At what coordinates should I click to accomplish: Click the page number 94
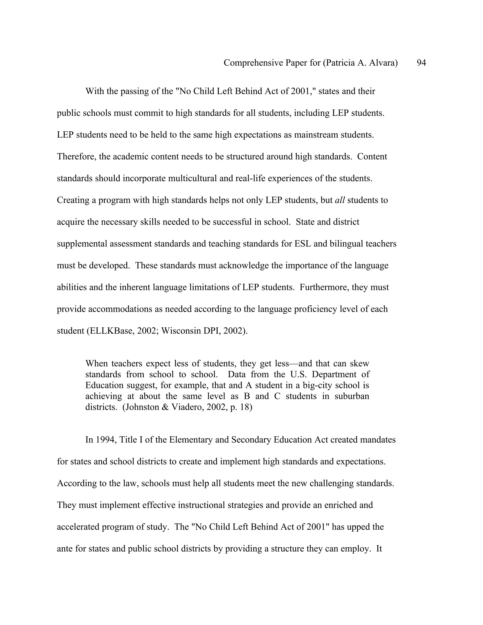421,63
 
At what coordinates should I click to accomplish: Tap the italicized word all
340,200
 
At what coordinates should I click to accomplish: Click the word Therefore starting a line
76,157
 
